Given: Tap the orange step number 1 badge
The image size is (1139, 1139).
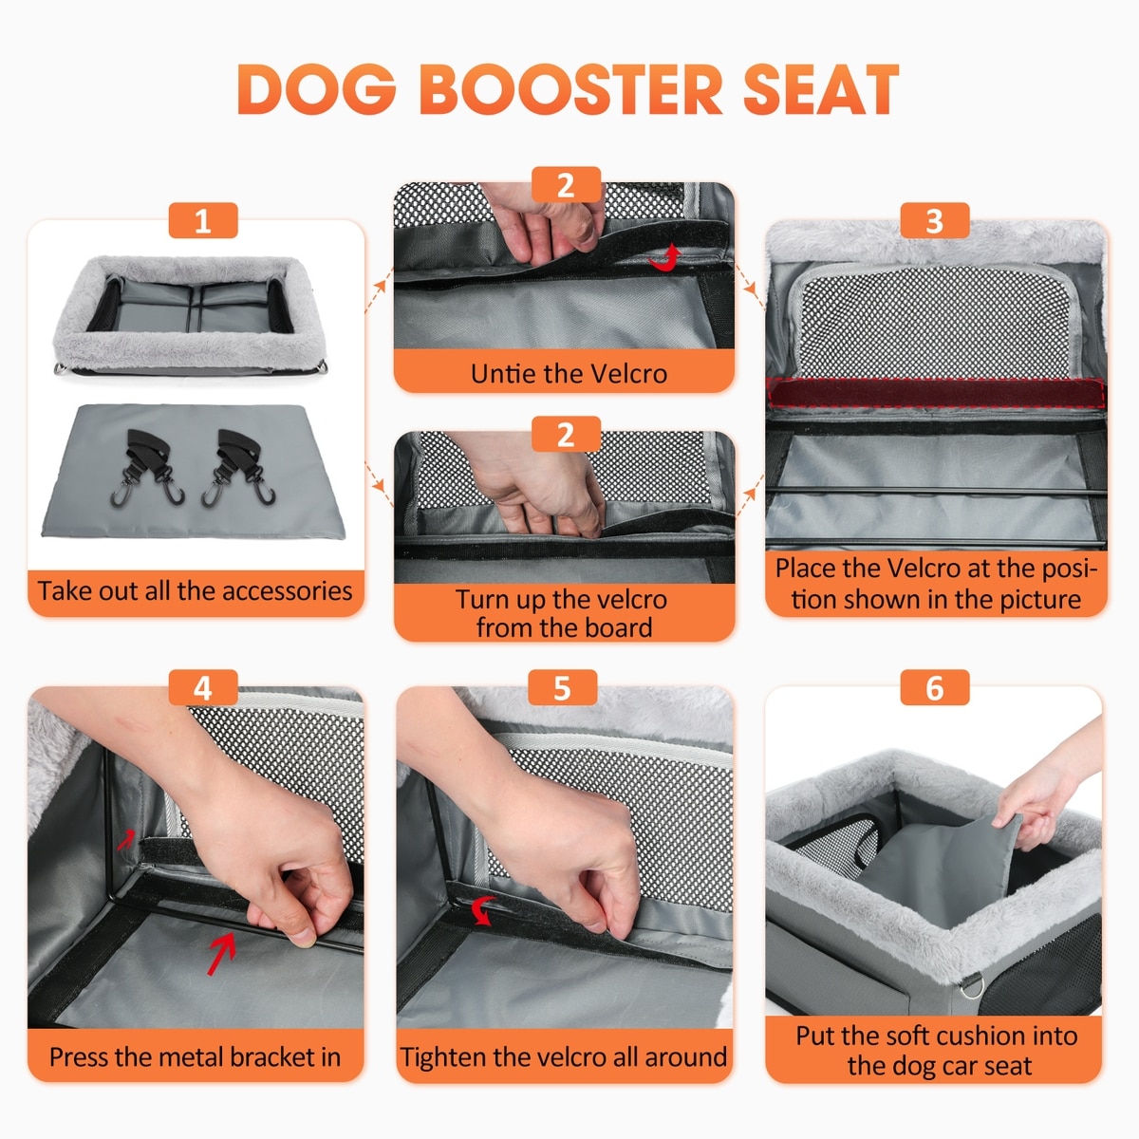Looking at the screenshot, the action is [x=203, y=220].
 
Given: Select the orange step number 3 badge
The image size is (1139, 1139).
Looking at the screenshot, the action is [x=935, y=220].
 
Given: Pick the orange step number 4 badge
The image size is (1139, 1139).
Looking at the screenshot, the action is [x=203, y=687].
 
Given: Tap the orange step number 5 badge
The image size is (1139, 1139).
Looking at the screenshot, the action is [x=562, y=687].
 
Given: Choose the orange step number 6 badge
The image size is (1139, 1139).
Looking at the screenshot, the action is [x=935, y=687].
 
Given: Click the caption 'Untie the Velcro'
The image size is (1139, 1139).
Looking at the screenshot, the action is [x=569, y=374].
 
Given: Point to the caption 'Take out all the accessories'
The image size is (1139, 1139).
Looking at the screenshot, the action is [x=196, y=590].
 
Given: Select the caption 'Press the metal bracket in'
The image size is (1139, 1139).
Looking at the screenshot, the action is [x=196, y=1056].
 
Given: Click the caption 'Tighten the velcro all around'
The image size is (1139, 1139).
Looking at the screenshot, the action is [x=563, y=1056].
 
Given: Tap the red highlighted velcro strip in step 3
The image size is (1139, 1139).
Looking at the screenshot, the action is [x=935, y=393].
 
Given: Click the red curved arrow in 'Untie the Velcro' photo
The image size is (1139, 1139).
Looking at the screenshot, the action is [x=666, y=259].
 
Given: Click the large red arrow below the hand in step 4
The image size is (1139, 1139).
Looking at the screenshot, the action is [x=221, y=953].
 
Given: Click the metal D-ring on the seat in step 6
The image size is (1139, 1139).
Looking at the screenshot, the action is [x=971, y=984].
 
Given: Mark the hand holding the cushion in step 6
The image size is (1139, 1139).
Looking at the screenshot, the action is [x=1046, y=786].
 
